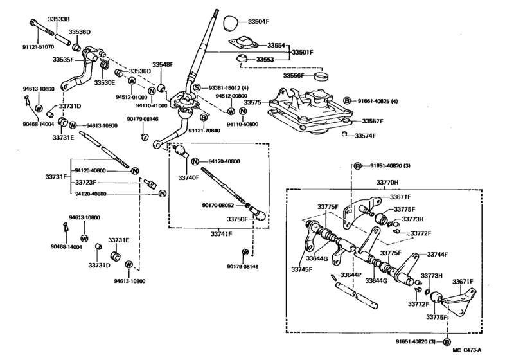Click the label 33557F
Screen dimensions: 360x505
pos(373,121)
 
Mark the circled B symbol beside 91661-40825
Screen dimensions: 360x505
pos(347,100)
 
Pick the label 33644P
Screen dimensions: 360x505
pos(351,275)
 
